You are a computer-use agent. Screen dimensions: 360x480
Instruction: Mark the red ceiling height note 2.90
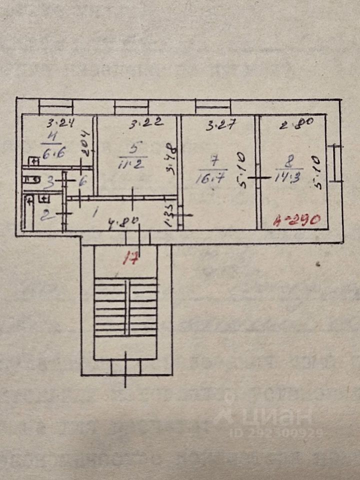tap(299, 220)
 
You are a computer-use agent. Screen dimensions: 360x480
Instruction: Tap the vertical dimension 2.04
tap(84, 144)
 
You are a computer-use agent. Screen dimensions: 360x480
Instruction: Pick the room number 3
tap(48, 181)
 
